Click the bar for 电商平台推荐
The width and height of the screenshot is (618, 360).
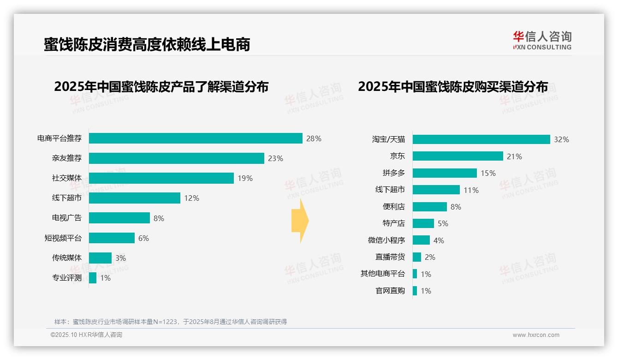click(196, 138)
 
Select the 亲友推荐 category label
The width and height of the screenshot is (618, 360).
click(67, 158)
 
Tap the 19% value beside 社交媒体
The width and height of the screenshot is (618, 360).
click(245, 178)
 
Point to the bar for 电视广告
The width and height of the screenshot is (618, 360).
click(119, 218)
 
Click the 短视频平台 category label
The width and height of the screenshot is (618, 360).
click(63, 238)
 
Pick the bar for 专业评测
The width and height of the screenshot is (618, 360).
click(93, 278)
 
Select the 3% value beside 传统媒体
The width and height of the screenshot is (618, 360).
click(120, 258)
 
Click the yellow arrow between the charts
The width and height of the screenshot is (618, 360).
click(300, 221)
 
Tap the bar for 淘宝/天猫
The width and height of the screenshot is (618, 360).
click(481, 139)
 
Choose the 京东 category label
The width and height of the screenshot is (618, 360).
click(398, 156)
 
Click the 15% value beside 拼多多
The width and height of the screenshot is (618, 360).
click(488, 173)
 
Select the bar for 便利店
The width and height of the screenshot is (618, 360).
click(429, 207)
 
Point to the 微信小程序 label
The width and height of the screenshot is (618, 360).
click(386, 240)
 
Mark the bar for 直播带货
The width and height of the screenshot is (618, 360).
click(417, 257)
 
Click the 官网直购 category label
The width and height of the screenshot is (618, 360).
click(390, 291)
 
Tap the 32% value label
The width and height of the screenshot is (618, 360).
click(561, 139)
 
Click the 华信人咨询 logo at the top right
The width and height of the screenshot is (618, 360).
click(542, 40)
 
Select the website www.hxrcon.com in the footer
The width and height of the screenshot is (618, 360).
click(536, 335)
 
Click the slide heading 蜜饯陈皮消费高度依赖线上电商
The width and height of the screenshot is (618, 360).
click(147, 44)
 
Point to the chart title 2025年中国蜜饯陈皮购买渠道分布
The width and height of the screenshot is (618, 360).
click(453, 87)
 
